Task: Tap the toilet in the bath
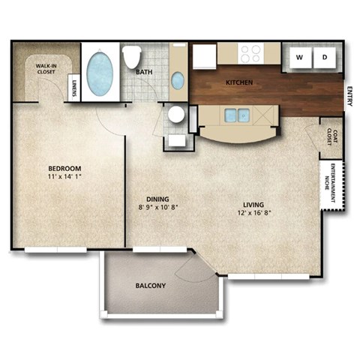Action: pos(133,57)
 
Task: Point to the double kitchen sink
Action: pos(237,115)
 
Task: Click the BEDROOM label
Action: pos(64,168)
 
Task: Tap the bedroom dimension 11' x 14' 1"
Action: pos(64,178)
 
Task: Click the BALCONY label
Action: pos(151,286)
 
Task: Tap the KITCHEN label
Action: pos(239,82)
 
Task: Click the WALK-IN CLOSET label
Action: pos(46,70)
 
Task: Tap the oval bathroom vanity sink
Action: pos(177,80)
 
